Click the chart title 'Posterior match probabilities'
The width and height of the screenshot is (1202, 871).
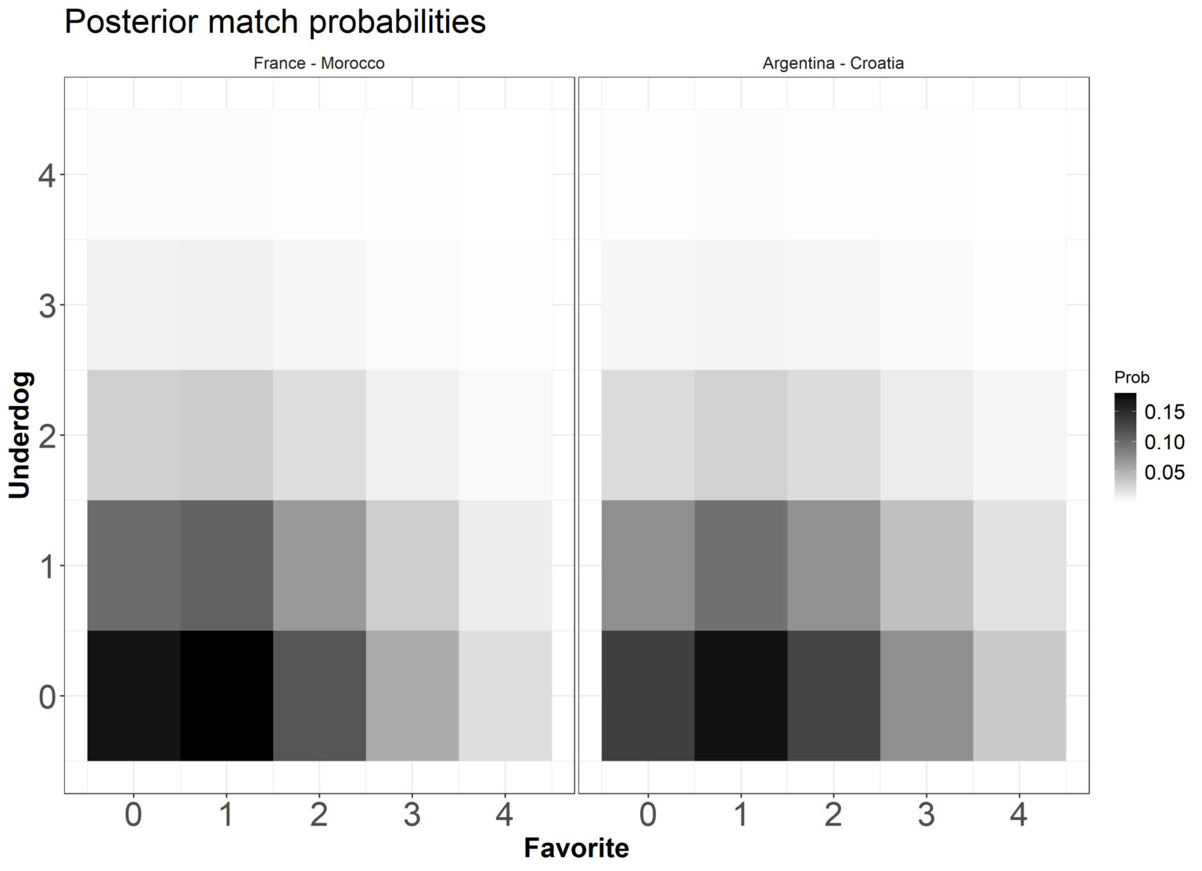275,22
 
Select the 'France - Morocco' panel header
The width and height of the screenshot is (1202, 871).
318,63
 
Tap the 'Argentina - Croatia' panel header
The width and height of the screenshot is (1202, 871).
833,63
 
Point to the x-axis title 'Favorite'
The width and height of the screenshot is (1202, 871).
576,848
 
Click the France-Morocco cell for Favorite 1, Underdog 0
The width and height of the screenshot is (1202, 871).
226,695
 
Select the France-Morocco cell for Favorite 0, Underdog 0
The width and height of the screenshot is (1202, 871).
134,695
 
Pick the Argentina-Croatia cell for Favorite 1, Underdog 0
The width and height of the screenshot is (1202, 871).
740,695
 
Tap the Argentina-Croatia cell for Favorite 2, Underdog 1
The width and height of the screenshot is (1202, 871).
833,565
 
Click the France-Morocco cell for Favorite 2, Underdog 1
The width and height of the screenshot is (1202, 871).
319,565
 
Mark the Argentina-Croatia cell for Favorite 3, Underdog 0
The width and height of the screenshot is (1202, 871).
926,695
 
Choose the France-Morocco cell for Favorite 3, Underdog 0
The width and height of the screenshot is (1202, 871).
412,695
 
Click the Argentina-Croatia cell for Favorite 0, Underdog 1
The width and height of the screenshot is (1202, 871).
648,565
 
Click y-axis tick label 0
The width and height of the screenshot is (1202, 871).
46,696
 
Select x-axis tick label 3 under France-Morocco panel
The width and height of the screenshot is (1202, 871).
412,815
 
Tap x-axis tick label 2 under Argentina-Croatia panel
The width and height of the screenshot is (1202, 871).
833,815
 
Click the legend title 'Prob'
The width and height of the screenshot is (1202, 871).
1132,377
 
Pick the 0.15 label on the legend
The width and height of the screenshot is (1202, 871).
1164,411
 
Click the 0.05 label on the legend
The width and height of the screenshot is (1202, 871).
1164,472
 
